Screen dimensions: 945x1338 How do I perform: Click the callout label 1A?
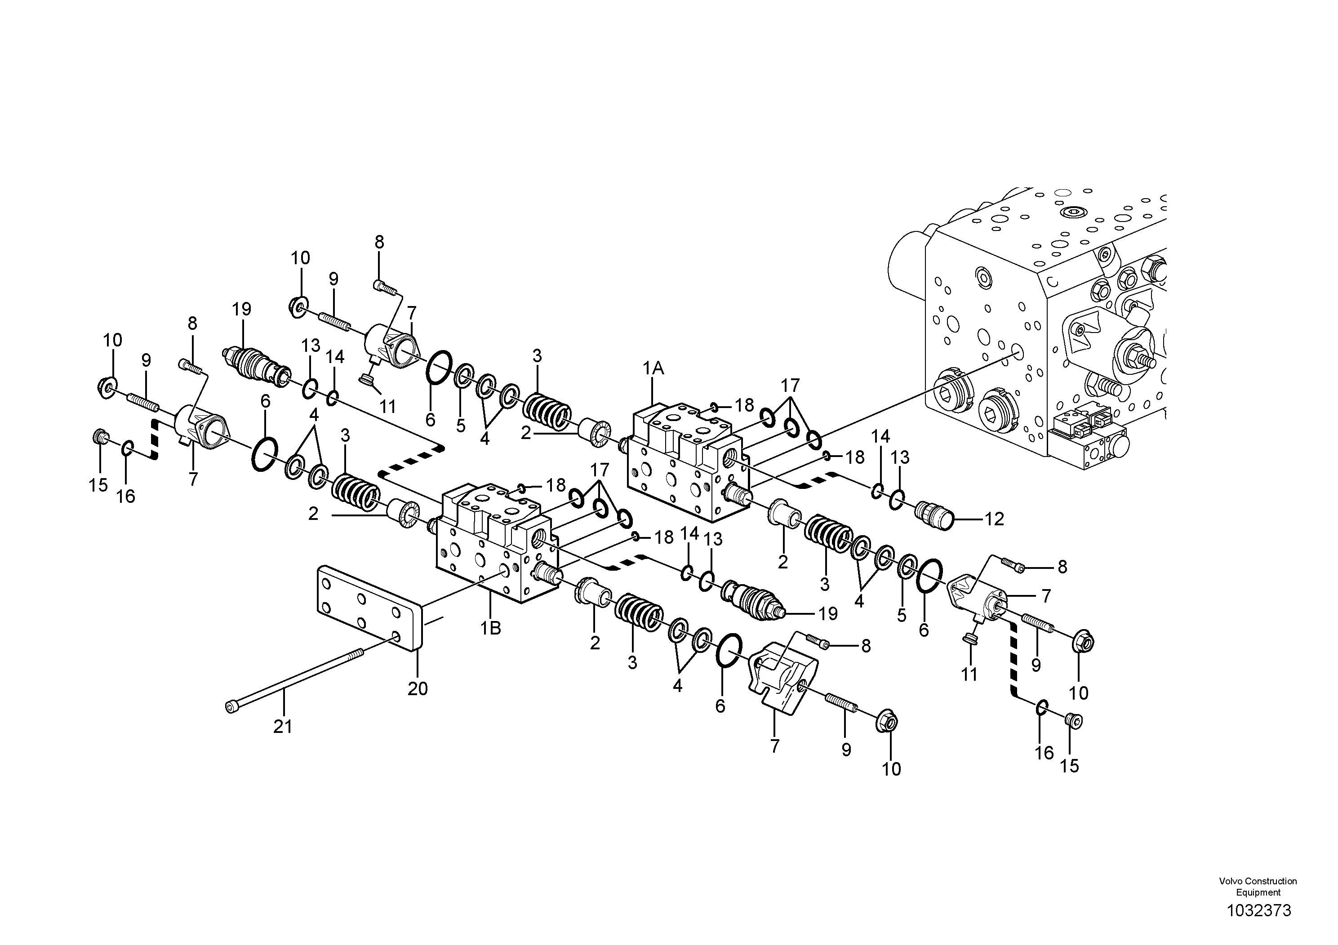(653, 368)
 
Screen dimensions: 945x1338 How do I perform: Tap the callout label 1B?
(491, 629)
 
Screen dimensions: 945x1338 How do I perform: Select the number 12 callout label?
(994, 519)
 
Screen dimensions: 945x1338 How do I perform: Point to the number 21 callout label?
(283, 727)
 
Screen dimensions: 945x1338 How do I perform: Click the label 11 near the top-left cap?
(387, 406)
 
